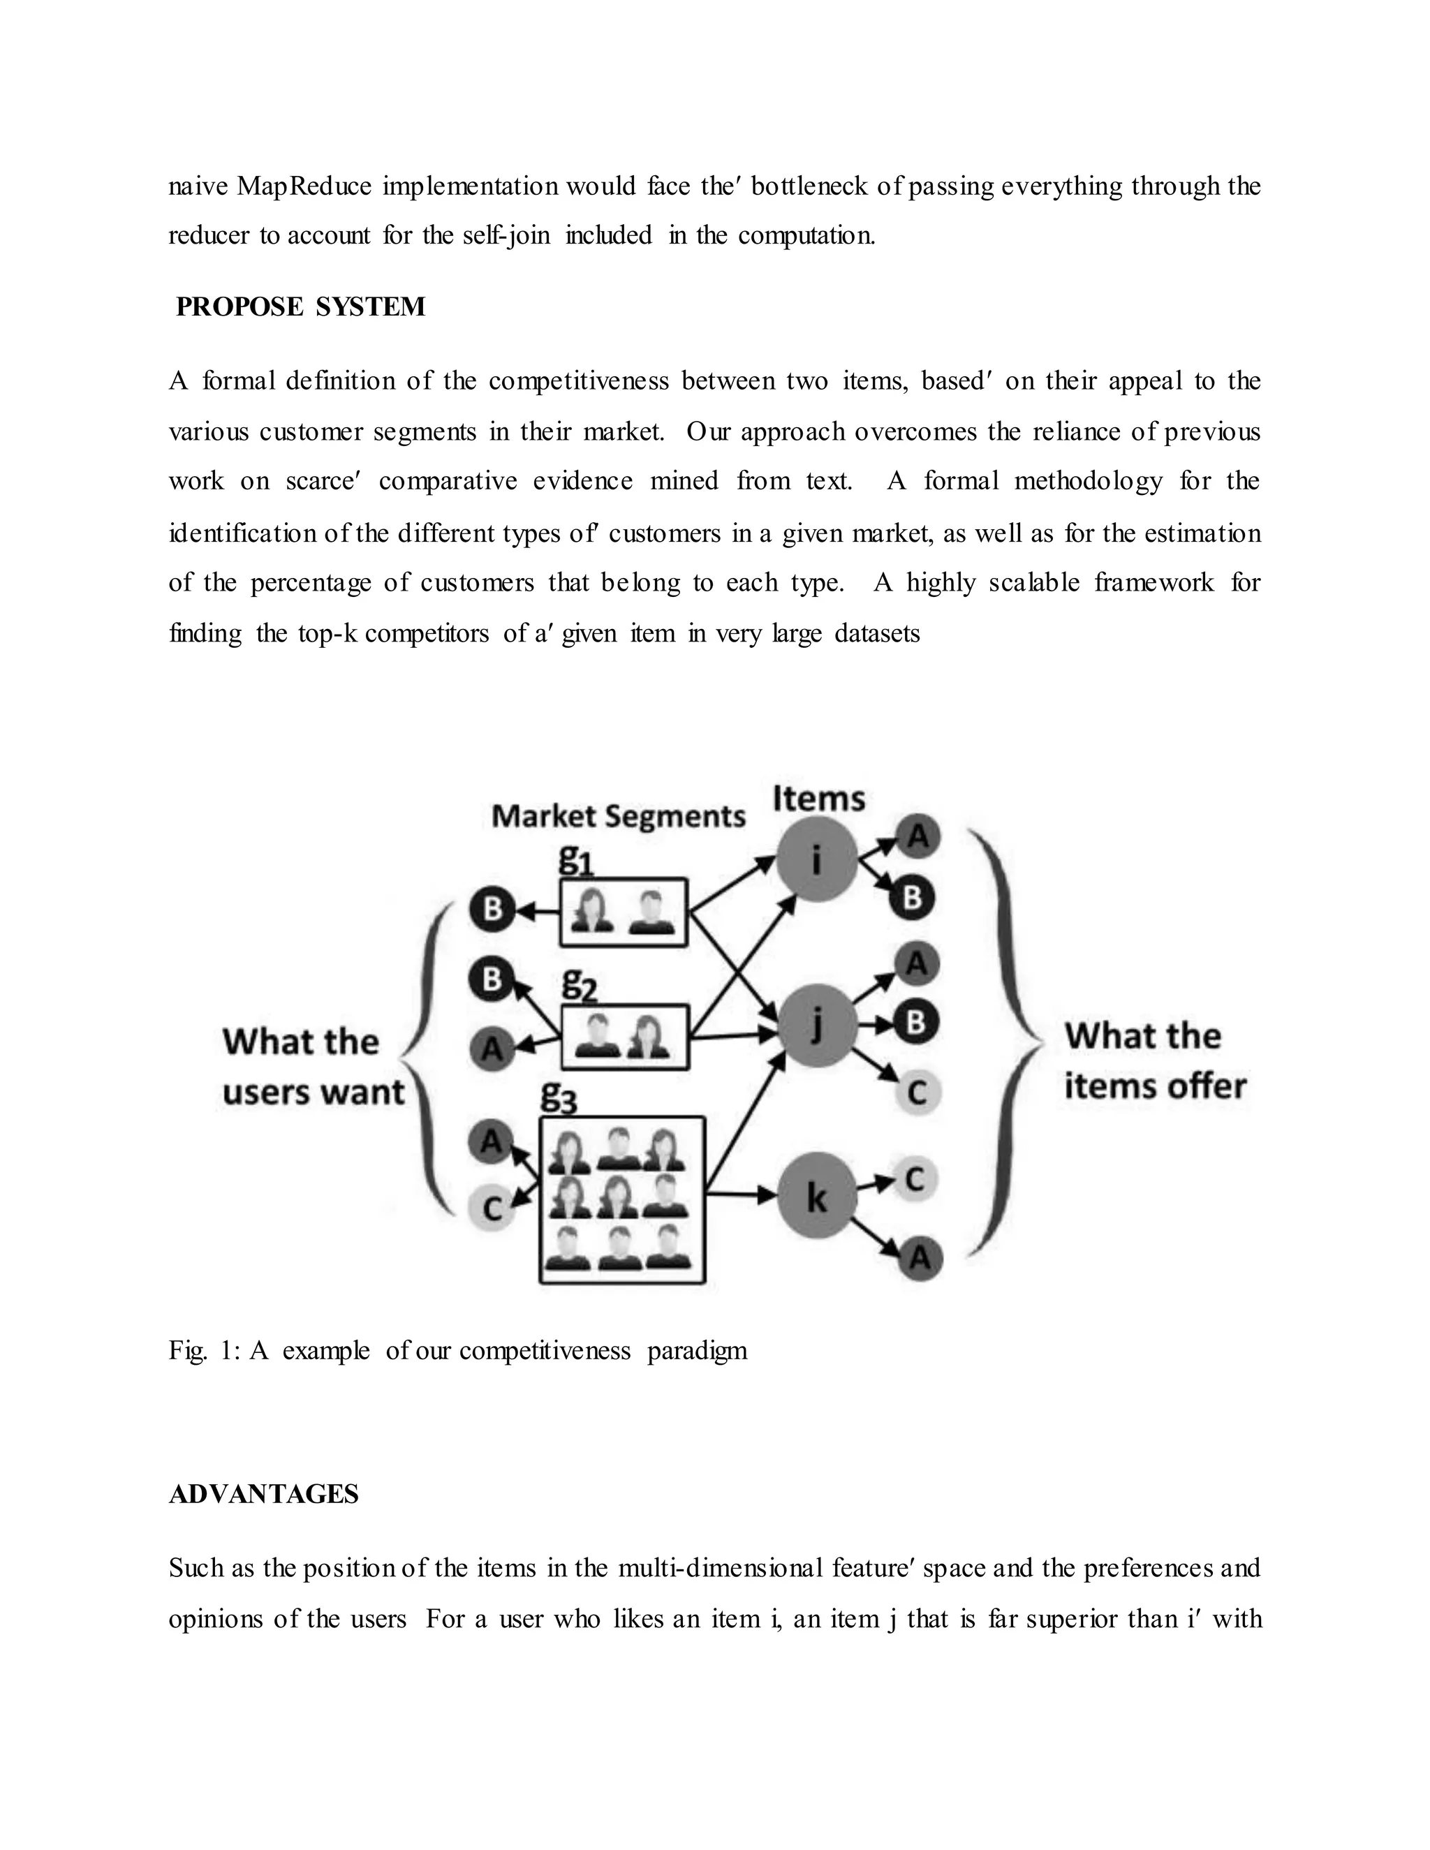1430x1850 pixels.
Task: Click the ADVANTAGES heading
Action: click(263, 1494)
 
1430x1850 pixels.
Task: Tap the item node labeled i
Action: click(817, 861)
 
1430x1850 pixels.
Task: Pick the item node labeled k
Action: click(817, 1197)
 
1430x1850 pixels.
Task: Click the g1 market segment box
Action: click(623, 912)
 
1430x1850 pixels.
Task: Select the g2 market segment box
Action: click(624, 1037)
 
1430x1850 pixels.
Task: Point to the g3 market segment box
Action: click(622, 1200)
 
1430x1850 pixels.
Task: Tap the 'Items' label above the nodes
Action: click(818, 798)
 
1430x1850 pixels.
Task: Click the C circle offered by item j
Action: click(917, 1092)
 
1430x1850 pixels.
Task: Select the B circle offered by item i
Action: click(913, 897)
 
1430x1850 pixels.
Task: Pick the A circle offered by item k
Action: click(919, 1259)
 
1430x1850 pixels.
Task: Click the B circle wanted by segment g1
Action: click(492, 910)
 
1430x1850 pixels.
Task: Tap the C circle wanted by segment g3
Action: click(492, 1208)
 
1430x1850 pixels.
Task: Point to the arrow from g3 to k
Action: click(742, 1195)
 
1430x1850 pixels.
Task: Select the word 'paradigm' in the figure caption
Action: click(698, 1350)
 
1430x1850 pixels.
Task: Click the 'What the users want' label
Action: click(313, 1067)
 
